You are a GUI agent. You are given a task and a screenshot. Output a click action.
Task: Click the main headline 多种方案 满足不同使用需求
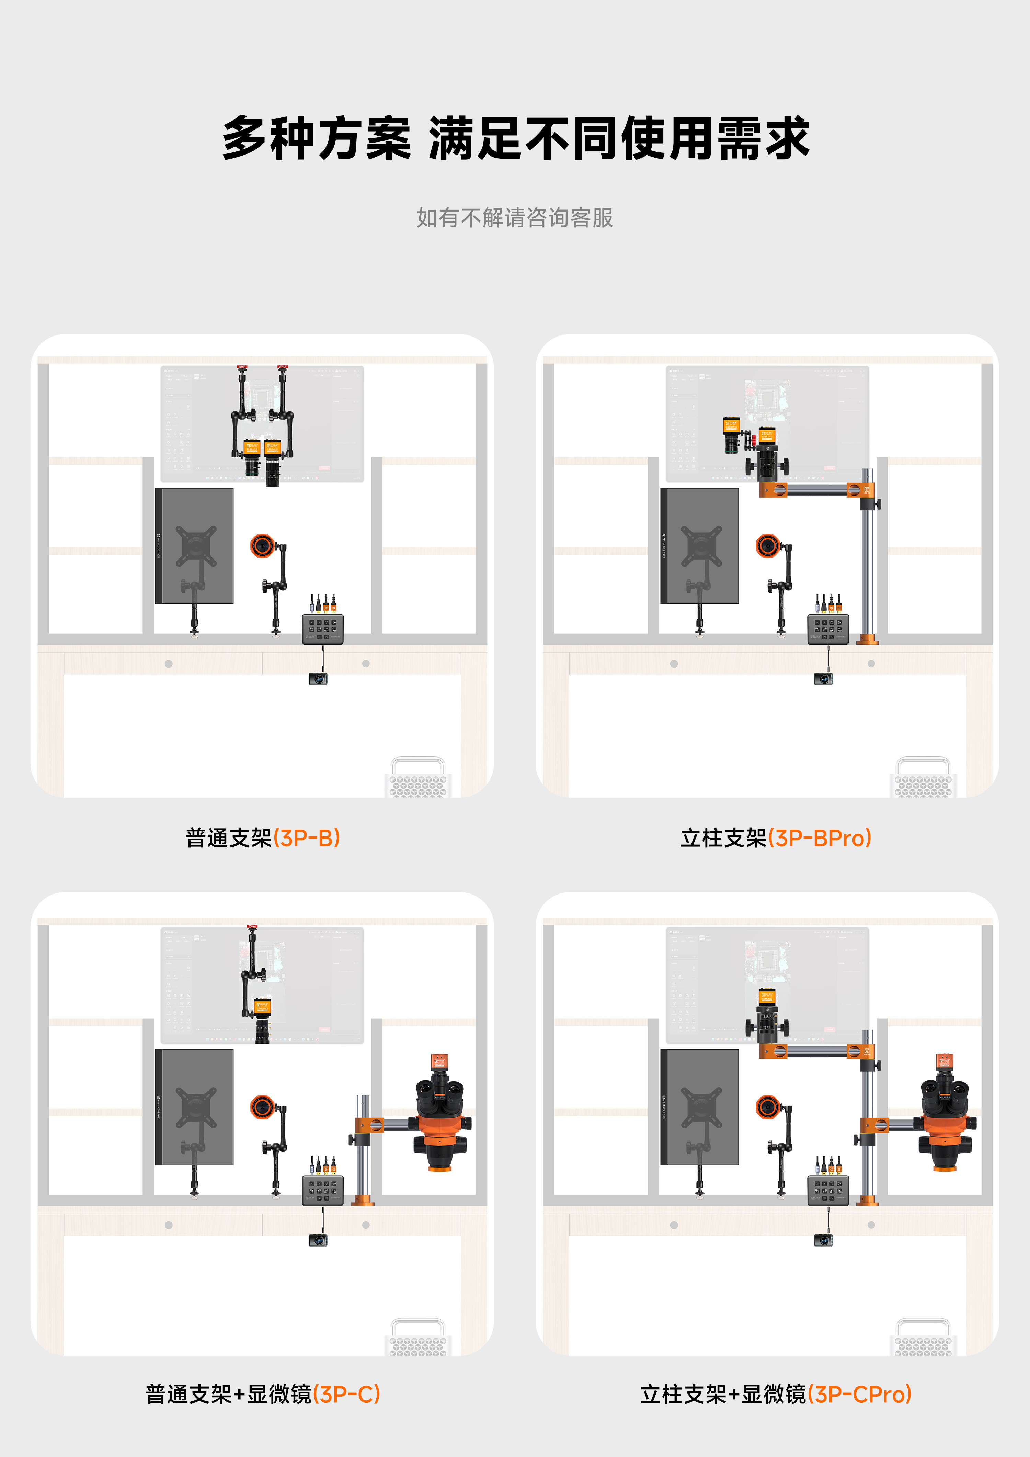click(x=515, y=138)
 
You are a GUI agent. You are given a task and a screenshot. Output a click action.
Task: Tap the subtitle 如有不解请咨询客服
click(x=515, y=218)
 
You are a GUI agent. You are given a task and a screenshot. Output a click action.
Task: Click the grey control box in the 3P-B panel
click(x=323, y=629)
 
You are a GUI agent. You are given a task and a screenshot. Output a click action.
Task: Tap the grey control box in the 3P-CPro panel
click(x=828, y=1191)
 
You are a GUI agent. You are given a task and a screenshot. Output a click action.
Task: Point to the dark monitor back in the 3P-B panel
click(x=194, y=546)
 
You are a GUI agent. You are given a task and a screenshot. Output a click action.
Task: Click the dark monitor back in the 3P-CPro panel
click(x=699, y=1107)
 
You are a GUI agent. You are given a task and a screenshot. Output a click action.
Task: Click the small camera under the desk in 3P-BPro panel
click(x=823, y=679)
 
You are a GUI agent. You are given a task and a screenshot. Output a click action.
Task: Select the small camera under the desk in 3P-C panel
click(x=318, y=1240)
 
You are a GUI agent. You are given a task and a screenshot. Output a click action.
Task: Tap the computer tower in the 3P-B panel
click(x=417, y=777)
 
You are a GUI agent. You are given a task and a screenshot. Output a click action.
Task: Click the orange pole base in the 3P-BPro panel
click(x=868, y=638)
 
